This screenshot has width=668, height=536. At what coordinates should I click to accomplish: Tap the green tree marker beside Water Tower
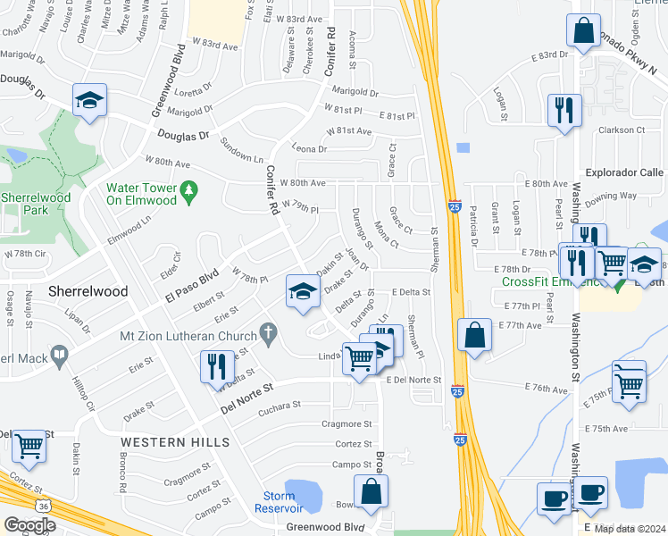pos(188,189)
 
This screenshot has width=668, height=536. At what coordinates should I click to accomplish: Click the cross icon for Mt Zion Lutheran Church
pos(265,336)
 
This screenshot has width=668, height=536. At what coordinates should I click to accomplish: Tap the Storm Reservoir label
pos(279,502)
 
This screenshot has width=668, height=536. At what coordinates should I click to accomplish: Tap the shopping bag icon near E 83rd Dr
pos(583,31)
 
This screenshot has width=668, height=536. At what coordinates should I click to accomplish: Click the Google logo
pos(29,524)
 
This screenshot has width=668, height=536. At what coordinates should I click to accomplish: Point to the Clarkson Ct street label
pos(622,130)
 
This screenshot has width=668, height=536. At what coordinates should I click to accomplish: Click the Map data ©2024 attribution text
pos(630,529)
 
